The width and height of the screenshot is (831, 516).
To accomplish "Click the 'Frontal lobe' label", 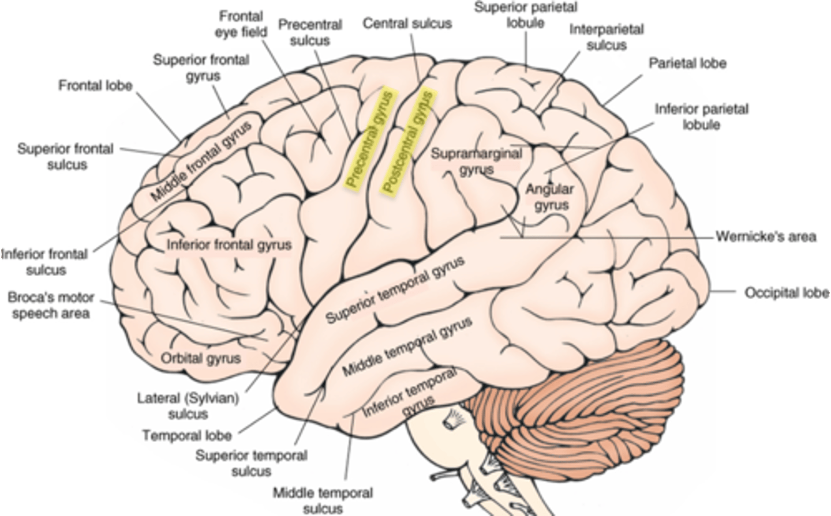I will (x=95, y=86).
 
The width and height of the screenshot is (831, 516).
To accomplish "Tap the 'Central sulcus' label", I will (x=407, y=24).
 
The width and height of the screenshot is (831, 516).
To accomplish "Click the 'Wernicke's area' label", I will (x=766, y=236).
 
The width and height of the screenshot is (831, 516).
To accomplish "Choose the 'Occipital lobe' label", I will (x=787, y=293).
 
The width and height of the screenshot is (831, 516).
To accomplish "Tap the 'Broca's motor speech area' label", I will (x=51, y=306).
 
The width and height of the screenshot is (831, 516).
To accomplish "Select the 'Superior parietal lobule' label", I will (x=526, y=15).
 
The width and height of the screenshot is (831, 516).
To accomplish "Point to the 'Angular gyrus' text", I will (x=550, y=197).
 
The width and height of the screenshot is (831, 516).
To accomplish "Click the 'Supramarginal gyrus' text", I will (x=477, y=161).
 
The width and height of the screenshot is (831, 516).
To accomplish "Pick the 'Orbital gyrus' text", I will (x=200, y=358).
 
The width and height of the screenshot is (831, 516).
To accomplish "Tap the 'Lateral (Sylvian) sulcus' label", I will (x=188, y=406).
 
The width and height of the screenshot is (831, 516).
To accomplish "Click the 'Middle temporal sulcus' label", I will (x=323, y=500).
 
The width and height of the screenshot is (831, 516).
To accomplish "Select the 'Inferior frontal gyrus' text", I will (x=229, y=245).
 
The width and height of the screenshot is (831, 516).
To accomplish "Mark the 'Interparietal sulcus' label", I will (x=607, y=37).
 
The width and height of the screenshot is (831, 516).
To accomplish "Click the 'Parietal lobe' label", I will (x=687, y=63).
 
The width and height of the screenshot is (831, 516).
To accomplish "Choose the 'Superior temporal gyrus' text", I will (x=395, y=291).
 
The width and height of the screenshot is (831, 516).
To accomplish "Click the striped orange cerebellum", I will (x=583, y=404).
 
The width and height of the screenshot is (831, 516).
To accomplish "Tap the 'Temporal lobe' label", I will (x=187, y=435).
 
